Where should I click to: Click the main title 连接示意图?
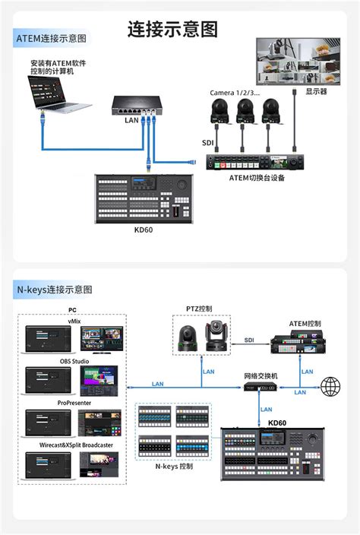pyautogui.click(x=172, y=30)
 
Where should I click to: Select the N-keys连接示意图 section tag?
pyautogui.click(x=55, y=290)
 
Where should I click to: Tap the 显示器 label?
pyautogui.click(x=316, y=91)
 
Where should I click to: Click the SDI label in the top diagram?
pyautogui.click(x=207, y=142)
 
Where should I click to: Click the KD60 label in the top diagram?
pyautogui.click(x=144, y=230)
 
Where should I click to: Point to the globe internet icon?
pyautogui.click(x=330, y=387)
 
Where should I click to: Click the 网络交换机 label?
pyautogui.click(x=261, y=376)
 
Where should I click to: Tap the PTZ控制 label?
pyautogui.click(x=199, y=309)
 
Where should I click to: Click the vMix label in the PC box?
pyautogui.click(x=73, y=321)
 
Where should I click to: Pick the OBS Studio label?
pyautogui.click(x=73, y=362)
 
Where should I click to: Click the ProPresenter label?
pyautogui.click(x=73, y=404)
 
